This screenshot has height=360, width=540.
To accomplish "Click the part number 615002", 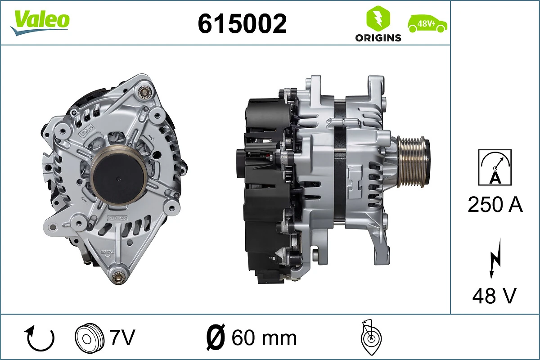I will (242, 23).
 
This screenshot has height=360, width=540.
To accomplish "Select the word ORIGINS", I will (378, 38).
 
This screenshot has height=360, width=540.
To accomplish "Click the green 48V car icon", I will (427, 23).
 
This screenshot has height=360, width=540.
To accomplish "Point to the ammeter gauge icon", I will (495, 167).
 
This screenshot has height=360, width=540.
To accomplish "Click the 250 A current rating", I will (495, 205).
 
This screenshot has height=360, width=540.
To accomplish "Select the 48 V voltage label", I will (494, 296).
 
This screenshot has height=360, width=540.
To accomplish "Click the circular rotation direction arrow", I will (40, 338).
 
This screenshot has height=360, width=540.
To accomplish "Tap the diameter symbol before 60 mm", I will (216, 337).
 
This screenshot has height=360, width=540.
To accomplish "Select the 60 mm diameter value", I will (264, 337).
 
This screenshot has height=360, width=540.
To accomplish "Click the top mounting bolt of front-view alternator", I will (144, 92).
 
